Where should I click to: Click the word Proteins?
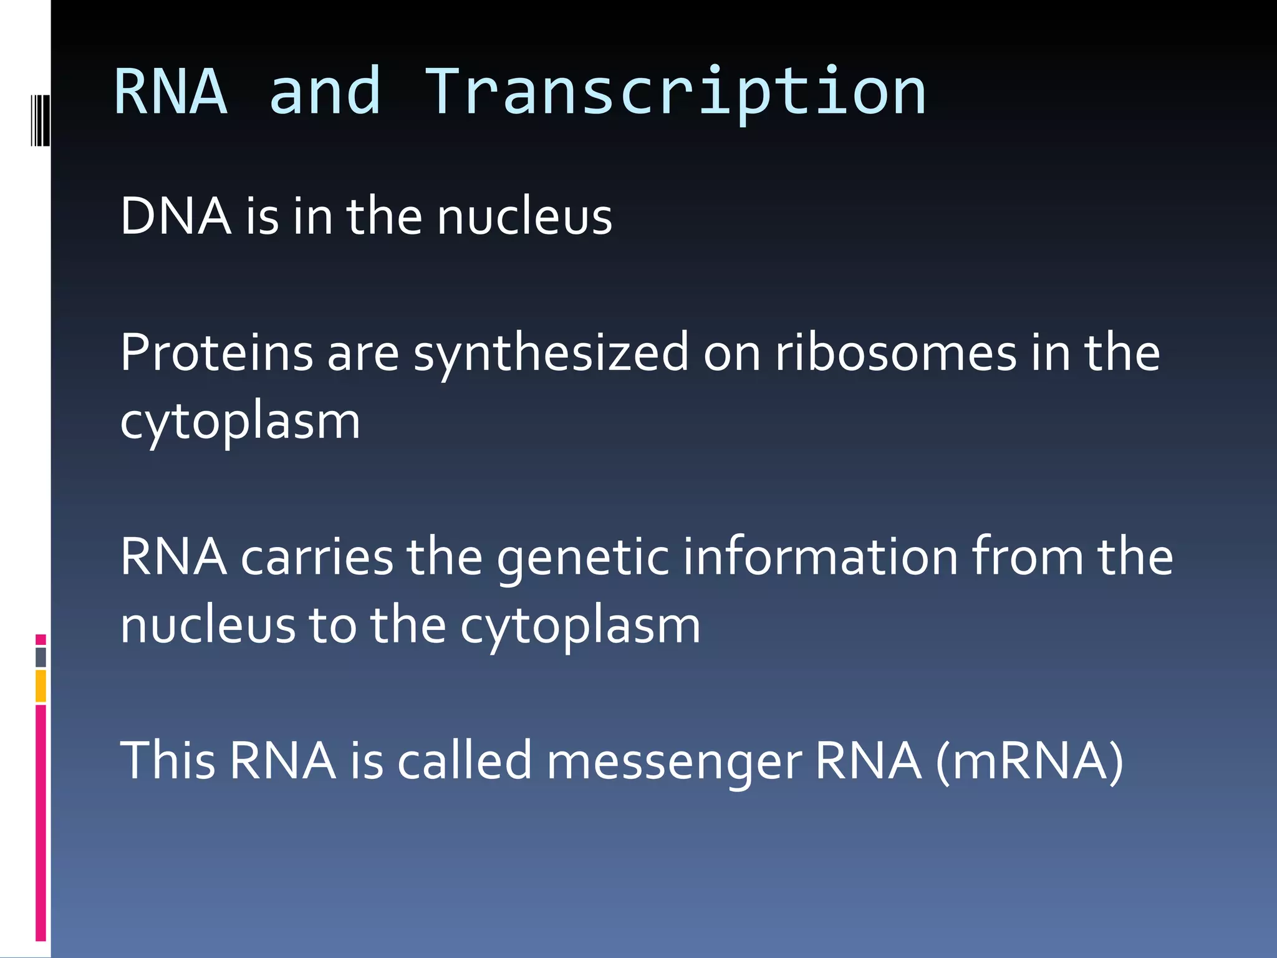216,353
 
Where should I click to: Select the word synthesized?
551,354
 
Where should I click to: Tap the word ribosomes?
895,353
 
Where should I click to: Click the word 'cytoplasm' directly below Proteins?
240,422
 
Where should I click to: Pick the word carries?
317,556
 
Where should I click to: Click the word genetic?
582,558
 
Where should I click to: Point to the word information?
820,556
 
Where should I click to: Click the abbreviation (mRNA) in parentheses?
1029,761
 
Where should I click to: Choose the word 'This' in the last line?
168,761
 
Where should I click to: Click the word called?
465,761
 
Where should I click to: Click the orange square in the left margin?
41,685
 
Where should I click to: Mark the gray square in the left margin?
41,657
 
